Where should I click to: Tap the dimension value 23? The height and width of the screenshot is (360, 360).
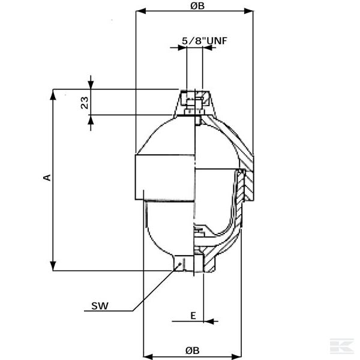tap(85, 103)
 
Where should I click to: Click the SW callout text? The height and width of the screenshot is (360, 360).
tap(100, 307)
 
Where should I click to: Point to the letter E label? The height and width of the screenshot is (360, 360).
tap(193, 315)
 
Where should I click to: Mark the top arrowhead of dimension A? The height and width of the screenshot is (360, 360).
tap(53, 96)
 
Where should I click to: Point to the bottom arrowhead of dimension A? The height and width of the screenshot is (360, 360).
tap(53, 266)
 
